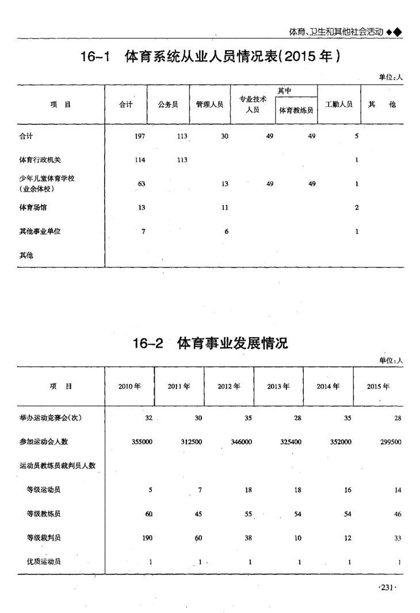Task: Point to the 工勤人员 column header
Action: point(339,105)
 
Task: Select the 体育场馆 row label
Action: point(33,208)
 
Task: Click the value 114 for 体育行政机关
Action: point(140,160)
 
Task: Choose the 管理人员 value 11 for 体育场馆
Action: point(225,208)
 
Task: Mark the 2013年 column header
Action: point(278,386)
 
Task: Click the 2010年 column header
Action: point(129,386)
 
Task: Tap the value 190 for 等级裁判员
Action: point(147,538)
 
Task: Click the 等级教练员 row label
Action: point(44,514)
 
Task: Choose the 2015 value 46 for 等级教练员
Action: point(398,514)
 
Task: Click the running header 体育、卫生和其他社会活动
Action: point(328,32)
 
